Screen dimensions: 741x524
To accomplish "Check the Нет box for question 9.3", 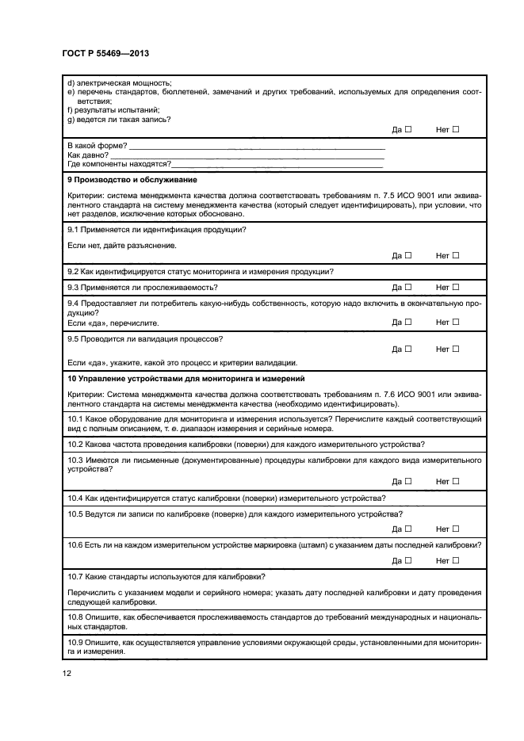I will (x=455, y=286).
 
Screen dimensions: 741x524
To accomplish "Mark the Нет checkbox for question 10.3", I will (x=455, y=481).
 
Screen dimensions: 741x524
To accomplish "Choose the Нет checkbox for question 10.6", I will (x=455, y=560).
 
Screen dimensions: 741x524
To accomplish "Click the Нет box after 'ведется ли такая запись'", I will (x=455, y=129).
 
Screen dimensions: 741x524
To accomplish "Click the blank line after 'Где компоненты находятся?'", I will (x=277, y=164).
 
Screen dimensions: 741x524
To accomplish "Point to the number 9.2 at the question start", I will (x=74, y=271).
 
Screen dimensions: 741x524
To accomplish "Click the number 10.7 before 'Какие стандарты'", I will (x=76, y=576).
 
